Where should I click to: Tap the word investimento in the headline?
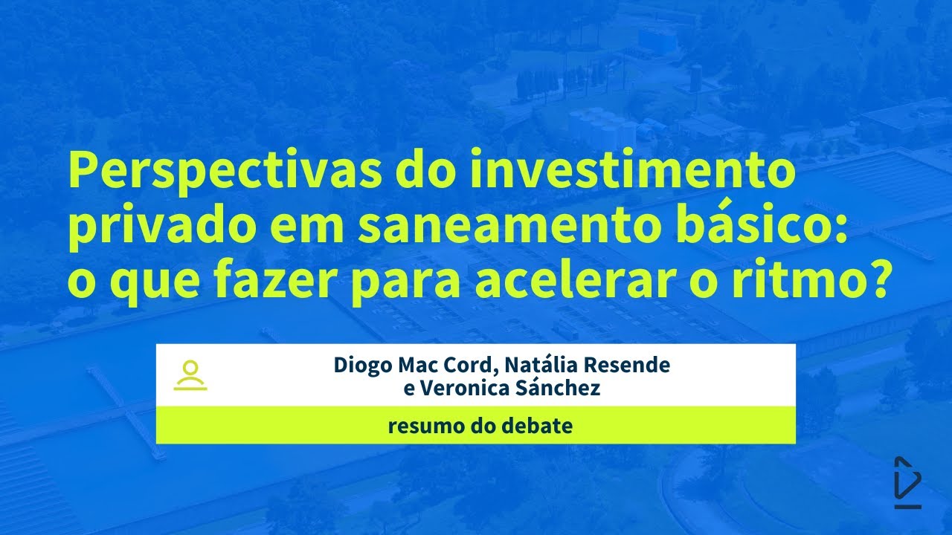point(632,172)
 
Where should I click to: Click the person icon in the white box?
point(190,375)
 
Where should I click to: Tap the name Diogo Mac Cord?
point(416,366)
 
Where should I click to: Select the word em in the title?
point(306,229)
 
